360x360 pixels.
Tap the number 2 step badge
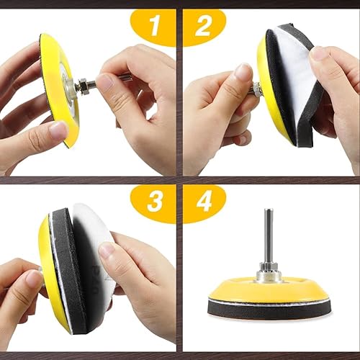[204, 27]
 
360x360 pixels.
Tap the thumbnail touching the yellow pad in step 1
[58, 131]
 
